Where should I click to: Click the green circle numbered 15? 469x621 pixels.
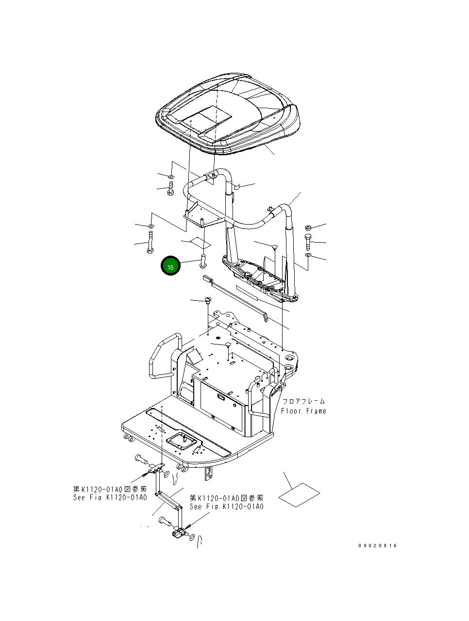[170, 266]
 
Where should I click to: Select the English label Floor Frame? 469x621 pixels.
[303, 411]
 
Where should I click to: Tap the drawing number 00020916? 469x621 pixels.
[378, 545]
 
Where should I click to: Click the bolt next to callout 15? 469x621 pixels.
[203, 259]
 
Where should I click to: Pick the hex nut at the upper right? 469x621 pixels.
[308, 228]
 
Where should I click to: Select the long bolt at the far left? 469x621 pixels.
[150, 242]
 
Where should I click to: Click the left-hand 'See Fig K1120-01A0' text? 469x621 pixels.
[110, 498]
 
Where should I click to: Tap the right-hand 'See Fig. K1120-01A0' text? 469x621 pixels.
[226, 507]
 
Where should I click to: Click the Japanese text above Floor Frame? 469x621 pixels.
[303, 402]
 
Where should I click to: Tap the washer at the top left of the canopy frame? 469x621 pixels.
[171, 176]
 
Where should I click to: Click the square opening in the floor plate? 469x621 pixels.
[183, 442]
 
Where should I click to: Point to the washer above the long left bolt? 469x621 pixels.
[151, 226]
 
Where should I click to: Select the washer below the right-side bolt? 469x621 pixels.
[308, 255]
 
